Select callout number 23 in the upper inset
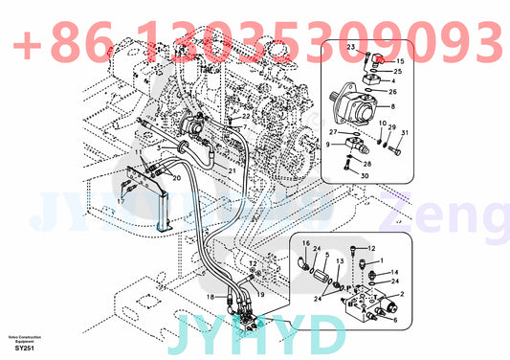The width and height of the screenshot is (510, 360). (x=351, y=47)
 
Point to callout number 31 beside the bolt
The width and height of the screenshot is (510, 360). (x=405, y=132)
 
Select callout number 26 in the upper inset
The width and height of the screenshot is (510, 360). (x=392, y=92)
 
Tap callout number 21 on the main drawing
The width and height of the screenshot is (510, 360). (x=232, y=170)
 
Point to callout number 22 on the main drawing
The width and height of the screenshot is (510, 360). (x=246, y=116)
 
